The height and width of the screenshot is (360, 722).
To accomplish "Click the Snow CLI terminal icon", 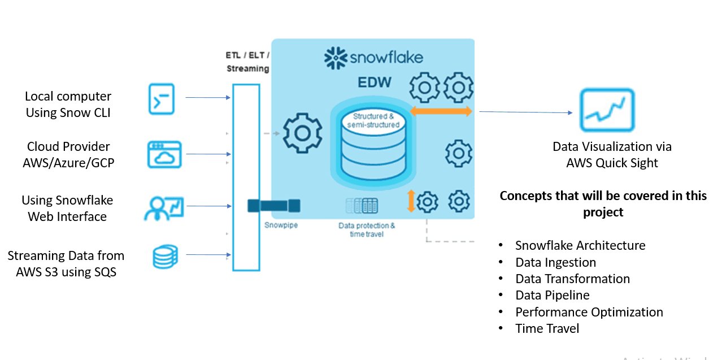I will click(161, 99).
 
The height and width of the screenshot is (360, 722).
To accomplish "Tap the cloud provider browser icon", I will click(164, 154).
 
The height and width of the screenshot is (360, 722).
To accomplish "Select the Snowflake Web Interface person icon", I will click(164, 207).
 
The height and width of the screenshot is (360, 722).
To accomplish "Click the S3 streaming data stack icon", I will click(164, 256).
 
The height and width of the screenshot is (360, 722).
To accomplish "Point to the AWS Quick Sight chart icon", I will click(607, 111).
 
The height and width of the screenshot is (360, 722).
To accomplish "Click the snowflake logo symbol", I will click(335, 58).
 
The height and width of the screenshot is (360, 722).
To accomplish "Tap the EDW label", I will click(375, 83).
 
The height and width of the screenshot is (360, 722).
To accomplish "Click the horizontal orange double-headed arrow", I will click(441, 111).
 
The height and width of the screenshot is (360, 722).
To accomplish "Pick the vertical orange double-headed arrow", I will click(411, 201).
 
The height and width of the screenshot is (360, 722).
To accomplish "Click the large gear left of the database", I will click(302, 133).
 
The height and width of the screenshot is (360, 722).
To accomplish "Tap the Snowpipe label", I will click(281, 224).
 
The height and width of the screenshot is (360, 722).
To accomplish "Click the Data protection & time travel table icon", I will click(362, 205).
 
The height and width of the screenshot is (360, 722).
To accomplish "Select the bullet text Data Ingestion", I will click(555, 262).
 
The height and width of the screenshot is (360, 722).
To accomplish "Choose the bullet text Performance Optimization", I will click(589, 312).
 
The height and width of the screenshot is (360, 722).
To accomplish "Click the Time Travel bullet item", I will click(547, 328).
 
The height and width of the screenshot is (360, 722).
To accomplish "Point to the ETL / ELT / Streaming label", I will click(248, 62).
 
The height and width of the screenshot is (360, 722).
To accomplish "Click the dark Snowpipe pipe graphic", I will click(274, 206).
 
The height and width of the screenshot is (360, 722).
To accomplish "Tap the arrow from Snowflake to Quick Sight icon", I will click(525, 112).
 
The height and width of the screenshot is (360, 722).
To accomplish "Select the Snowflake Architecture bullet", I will click(580, 245).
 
